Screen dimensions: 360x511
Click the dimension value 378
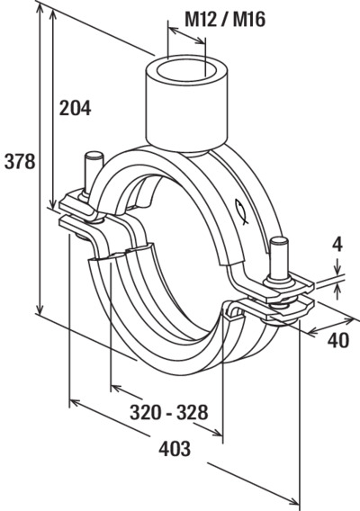pyautogui.click(x=20, y=162)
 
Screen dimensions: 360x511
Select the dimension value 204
pyautogui.click(x=75, y=108)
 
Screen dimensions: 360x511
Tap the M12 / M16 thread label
pyautogui.click(x=225, y=19)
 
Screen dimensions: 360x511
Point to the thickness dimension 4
pyautogui.click(x=337, y=245)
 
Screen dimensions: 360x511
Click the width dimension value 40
pyautogui.click(x=338, y=341)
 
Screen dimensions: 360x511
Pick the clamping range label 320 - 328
pyautogui.click(x=169, y=412)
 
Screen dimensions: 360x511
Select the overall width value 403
pyautogui.click(x=175, y=448)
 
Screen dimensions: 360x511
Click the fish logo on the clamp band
pyautogui.click(x=241, y=211)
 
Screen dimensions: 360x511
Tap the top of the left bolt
pyautogui.click(x=94, y=155)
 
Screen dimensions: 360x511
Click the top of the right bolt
pyautogui.click(x=279, y=241)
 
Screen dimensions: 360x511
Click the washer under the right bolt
pyautogui.click(x=280, y=281)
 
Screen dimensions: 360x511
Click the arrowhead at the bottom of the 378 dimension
pyautogui.click(x=40, y=308)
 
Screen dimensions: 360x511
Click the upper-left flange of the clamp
pyautogui.click(x=78, y=206)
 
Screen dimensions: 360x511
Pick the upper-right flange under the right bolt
pyautogui.click(x=287, y=288)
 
